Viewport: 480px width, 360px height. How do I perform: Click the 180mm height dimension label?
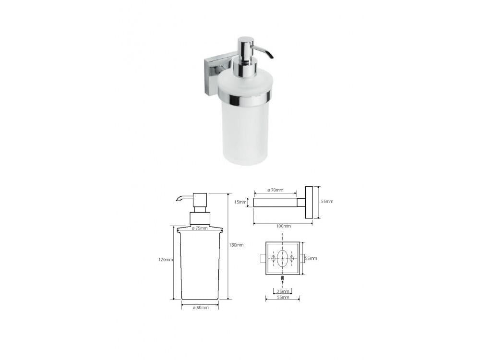point(236,245)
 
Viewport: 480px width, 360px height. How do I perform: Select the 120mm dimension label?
point(166,260)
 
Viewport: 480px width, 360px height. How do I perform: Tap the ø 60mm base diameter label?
point(200,307)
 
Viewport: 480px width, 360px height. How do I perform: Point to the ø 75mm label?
point(200,228)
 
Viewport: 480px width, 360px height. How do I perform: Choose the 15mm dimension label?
point(240,202)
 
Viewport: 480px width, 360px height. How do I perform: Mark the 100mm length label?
point(284,226)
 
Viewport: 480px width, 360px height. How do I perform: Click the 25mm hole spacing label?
point(283,291)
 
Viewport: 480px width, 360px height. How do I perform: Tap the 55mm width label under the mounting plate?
point(283,298)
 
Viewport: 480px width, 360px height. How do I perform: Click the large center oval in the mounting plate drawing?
point(283,258)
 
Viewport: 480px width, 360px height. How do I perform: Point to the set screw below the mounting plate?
point(283,278)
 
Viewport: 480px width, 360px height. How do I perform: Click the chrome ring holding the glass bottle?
point(244,97)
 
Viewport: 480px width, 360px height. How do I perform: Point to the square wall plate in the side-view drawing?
point(310,203)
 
